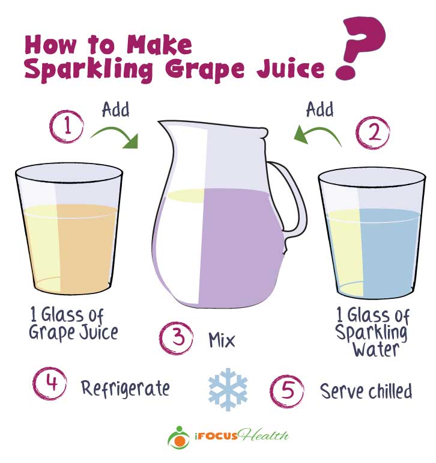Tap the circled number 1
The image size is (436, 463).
[67, 126]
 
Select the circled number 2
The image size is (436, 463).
[373, 132]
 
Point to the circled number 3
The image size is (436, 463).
[177, 338]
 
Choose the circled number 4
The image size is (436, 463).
[50, 384]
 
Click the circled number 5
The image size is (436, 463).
[287, 391]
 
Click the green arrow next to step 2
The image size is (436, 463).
[317, 135]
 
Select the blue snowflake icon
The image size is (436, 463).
[228, 390]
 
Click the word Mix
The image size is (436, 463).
[222, 340]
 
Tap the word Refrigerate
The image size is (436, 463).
[126, 389]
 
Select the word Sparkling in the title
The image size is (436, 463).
[89, 70]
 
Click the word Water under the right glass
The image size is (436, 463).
[376, 349]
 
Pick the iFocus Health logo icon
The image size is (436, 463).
[178, 437]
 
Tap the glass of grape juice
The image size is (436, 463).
[68, 229]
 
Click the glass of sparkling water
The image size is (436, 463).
[372, 233]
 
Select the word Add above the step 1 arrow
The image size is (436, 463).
[116, 109]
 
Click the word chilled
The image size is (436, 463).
[390, 391]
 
